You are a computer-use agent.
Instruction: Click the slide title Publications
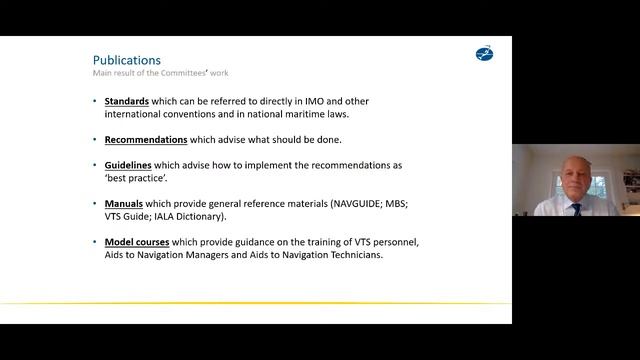[x=126, y=60]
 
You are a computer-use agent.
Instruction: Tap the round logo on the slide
[x=484, y=53]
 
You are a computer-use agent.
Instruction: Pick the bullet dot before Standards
[x=95, y=101]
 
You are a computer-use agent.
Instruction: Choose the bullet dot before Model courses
[x=95, y=242]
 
